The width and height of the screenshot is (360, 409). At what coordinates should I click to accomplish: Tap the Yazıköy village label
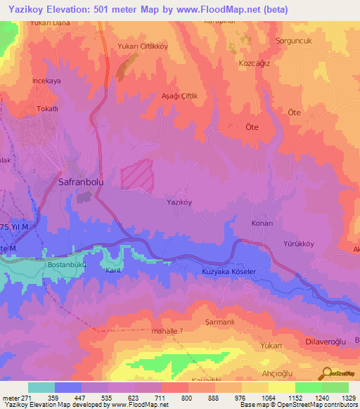(x=179, y=202)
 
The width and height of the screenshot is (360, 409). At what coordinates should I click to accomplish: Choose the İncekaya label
(x=48, y=81)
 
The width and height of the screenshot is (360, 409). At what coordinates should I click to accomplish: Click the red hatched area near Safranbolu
(x=136, y=174)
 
